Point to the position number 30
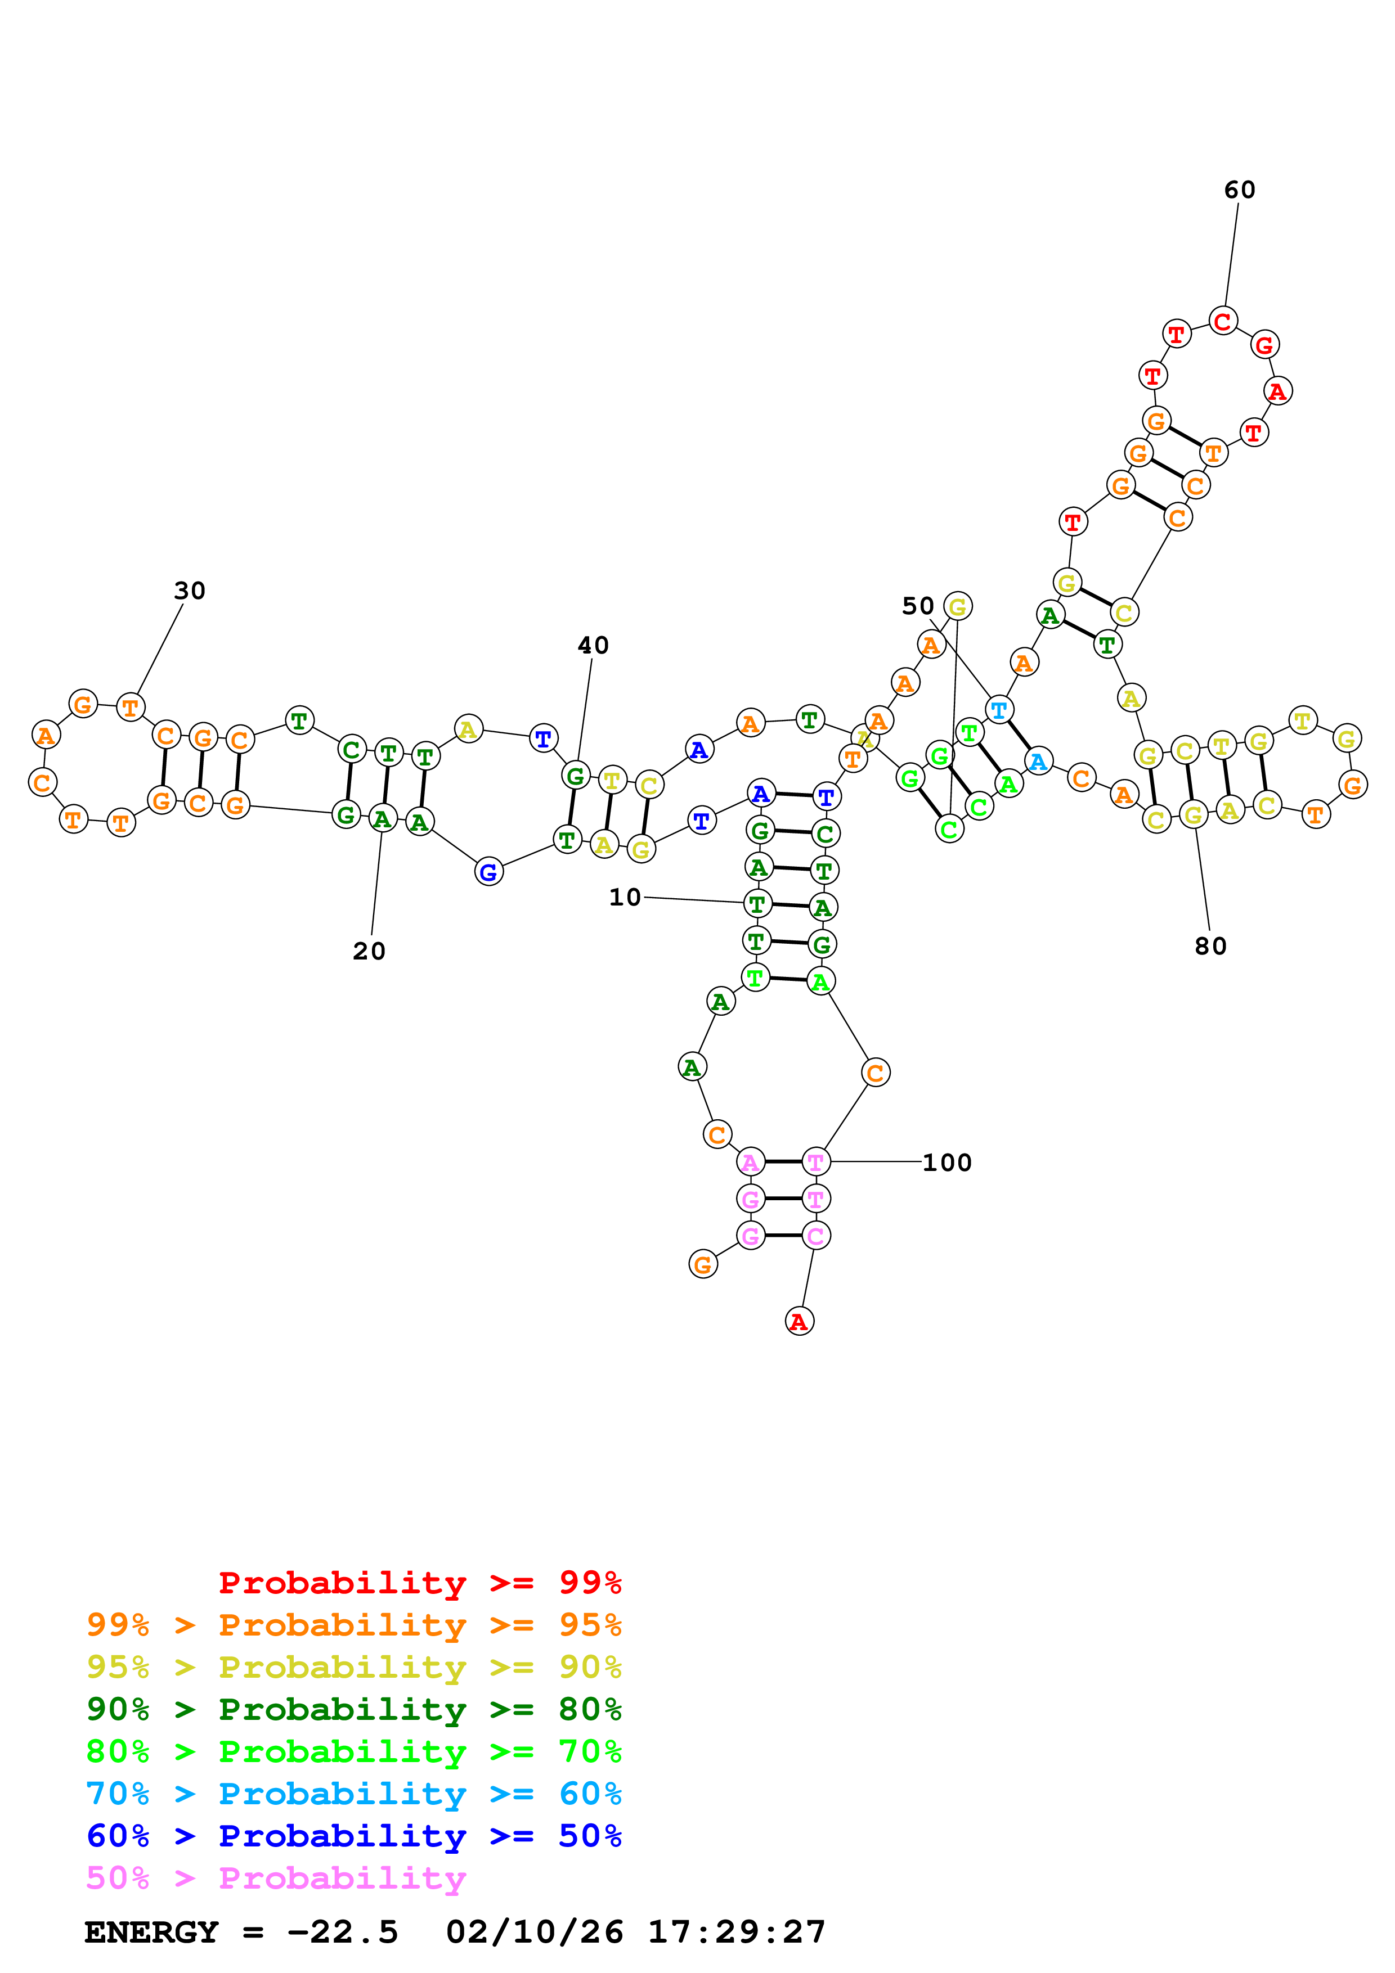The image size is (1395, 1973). pos(189,591)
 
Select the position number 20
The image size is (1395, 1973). pos(369,951)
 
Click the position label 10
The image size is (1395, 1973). pos(625,897)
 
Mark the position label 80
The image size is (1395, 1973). pos(1210,946)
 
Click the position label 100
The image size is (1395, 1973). pos(947,1163)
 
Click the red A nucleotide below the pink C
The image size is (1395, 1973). pos(799,1322)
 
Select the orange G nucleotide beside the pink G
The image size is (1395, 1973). pos(703,1264)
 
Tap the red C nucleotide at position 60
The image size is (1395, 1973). pos(1222,321)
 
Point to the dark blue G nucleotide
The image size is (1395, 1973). pos(488,872)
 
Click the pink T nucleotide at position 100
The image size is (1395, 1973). pos(815,1163)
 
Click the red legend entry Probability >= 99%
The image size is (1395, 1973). pos(419,1582)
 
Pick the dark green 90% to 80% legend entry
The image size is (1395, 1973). pos(353,1709)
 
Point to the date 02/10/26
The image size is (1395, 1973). pos(534,1932)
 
